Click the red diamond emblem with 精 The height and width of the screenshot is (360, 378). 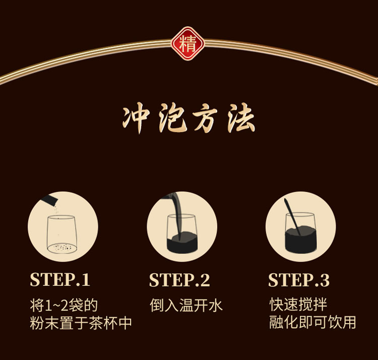coord(188,43)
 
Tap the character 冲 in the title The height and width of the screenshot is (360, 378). coord(136,117)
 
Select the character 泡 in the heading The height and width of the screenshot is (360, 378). coord(172,118)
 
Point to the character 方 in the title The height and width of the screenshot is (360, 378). coord(205,118)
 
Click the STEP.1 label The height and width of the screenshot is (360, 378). coord(60,280)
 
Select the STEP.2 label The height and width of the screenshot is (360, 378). coord(179,280)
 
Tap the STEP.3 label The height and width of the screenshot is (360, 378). coord(299,280)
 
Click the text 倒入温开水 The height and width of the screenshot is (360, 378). coord(186,306)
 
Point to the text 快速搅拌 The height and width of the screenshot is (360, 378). coord(298,305)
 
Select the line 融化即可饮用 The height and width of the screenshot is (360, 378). coord(312,322)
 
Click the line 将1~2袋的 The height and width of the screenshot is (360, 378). coord(64,306)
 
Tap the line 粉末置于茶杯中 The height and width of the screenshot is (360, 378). coord(81,323)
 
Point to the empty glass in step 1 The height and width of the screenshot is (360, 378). coord(62,234)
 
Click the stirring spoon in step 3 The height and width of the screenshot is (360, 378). coord(292,216)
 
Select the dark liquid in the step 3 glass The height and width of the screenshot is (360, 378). coord(300,241)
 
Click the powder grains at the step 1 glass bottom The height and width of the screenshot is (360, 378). coord(62,248)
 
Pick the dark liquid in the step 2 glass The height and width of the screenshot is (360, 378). coord(182,243)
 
